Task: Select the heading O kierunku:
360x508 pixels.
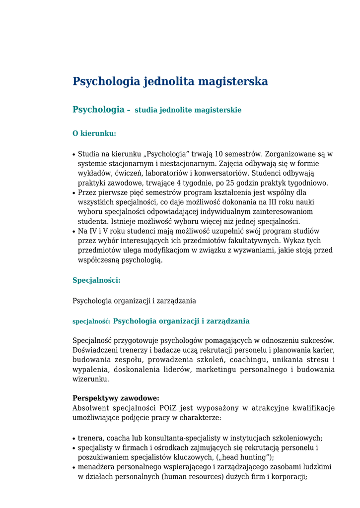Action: (x=94, y=133)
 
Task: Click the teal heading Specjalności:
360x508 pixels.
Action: (x=96, y=280)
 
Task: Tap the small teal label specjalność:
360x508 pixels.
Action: (x=91, y=321)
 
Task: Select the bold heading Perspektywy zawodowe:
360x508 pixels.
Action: (x=116, y=398)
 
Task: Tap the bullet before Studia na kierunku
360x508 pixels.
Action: (x=74, y=155)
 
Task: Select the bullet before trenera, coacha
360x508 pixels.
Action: (x=74, y=439)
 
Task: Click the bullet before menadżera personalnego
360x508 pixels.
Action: (x=74, y=467)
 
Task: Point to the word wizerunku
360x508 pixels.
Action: (x=90, y=379)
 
